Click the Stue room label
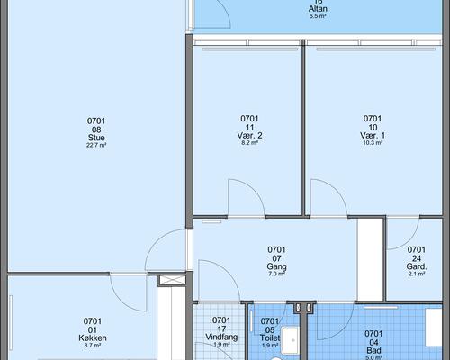point(96,138)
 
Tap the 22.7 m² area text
point(96,145)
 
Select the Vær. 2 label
point(249,135)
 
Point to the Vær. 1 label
point(373,135)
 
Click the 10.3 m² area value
point(373,143)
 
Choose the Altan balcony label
point(318,9)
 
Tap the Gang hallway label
point(276,266)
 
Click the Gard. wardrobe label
point(417,266)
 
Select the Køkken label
point(93,337)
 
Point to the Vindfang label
point(221,337)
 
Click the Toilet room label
point(270,337)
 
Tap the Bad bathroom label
point(373,350)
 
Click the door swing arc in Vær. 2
point(254,188)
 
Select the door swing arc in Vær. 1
point(337,188)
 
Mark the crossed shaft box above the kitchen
point(173,280)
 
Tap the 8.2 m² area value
point(249,143)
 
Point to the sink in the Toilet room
point(290,340)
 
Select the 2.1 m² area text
point(417,274)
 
